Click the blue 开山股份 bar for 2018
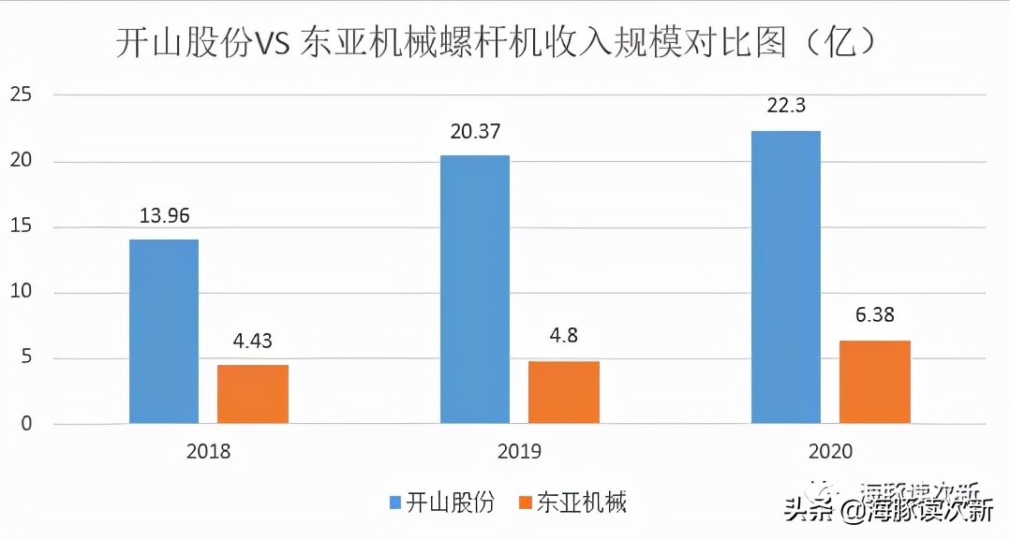click(164, 331)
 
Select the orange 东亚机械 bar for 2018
click(252, 394)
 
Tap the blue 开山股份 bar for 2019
click(475, 289)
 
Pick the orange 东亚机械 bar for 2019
click(564, 392)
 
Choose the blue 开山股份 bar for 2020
click(786, 277)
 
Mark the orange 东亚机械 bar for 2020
click(875, 382)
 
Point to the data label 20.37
click(476, 131)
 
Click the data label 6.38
click(875, 315)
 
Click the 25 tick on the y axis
click(21, 95)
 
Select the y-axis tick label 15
click(21, 226)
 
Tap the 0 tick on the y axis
click(26, 424)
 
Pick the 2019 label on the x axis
click(520, 451)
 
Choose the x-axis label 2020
click(831, 451)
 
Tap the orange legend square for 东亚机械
click(526, 503)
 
